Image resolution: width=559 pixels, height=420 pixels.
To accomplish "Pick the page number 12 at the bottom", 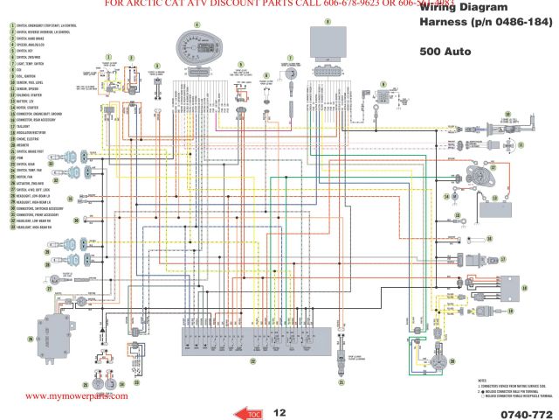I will (x=279, y=411).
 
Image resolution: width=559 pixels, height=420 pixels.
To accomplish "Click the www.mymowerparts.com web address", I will (x=77, y=395).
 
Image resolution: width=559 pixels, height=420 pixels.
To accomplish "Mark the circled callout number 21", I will (x=342, y=382).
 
